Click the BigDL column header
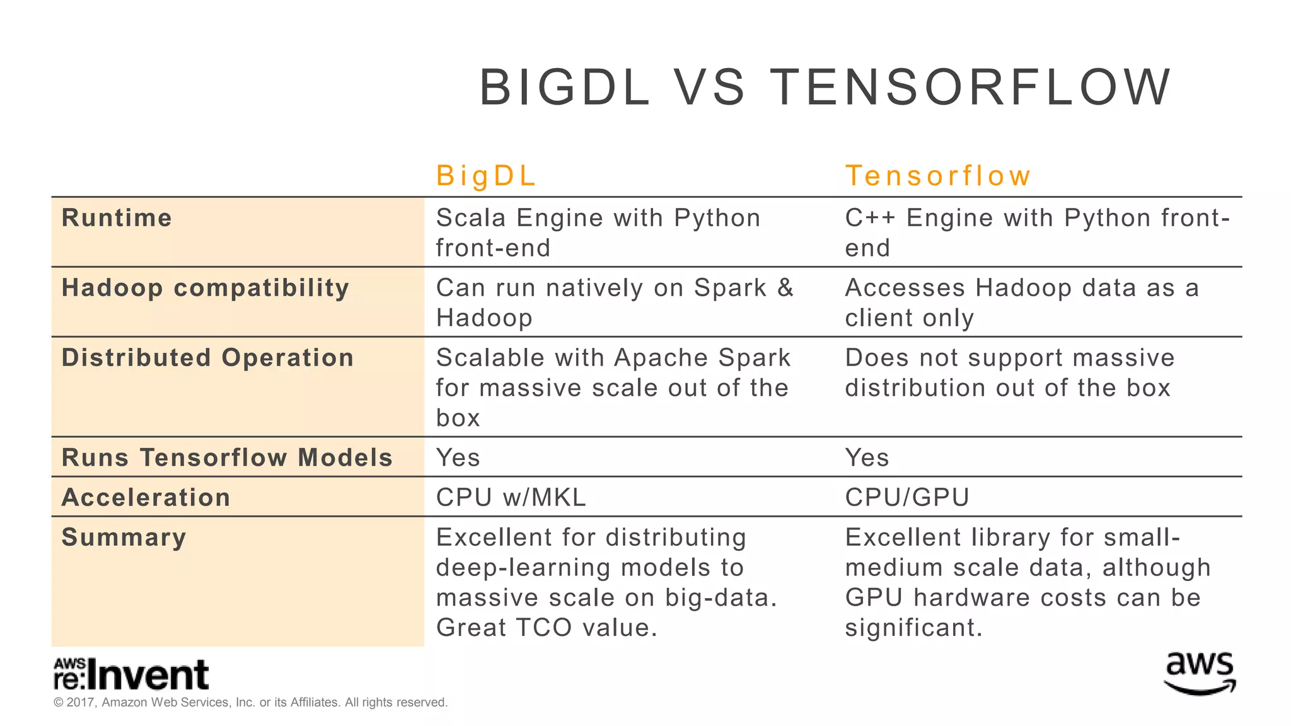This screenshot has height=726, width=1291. pyautogui.click(x=485, y=176)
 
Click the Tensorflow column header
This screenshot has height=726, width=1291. pyautogui.click(x=937, y=176)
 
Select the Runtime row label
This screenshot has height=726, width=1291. pyautogui.click(x=117, y=218)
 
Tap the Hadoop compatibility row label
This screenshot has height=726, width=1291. pyautogui.click(x=206, y=288)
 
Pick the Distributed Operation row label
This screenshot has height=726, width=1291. pyautogui.click(x=207, y=358)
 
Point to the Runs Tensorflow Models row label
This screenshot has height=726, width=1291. pyautogui.click(x=227, y=458)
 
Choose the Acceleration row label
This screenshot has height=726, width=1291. pyautogui.click(x=146, y=498)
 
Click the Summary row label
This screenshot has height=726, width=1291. pyautogui.click(x=124, y=538)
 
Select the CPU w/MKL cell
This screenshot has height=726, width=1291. pyautogui.click(x=511, y=498)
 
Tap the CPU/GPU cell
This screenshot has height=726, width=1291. pyautogui.click(x=906, y=498)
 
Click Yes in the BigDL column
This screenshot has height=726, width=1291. pyautogui.click(x=458, y=458)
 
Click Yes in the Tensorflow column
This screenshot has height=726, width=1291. pyautogui.click(x=867, y=458)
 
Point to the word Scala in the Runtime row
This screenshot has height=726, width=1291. pyautogui.click(x=471, y=218)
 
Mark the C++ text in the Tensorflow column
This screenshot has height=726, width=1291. pyautogui.click(x=869, y=218)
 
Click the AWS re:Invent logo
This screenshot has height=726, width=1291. pyautogui.click(x=131, y=674)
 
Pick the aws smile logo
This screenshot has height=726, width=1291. pyautogui.click(x=1200, y=673)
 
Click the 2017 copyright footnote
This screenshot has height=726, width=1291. pyautogui.click(x=250, y=703)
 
